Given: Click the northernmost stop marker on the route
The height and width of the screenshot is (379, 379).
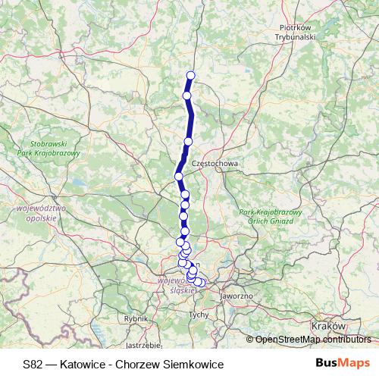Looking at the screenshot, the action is tap(190, 74).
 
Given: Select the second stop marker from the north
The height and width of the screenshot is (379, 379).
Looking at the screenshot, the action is tap(186, 96).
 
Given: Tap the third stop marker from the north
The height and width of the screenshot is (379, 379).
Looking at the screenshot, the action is tap(189, 142).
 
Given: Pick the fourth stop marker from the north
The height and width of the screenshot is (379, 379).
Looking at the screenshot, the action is tap(179, 176).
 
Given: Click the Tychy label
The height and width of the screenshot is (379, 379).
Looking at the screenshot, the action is tap(199, 313).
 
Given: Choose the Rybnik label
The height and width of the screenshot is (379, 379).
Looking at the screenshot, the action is tap(136, 319).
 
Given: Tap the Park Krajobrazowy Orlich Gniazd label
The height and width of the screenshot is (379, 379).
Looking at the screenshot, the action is tap(271, 216).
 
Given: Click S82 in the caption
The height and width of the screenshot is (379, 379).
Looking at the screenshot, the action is tap(33, 364).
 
